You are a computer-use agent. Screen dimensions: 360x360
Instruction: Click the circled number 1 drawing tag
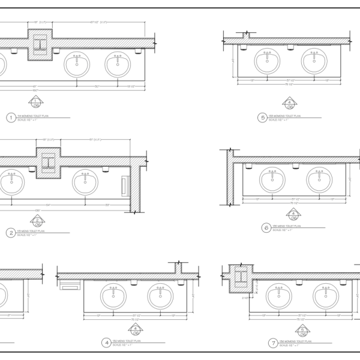(10, 118)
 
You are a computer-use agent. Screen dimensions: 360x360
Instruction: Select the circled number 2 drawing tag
(10, 232)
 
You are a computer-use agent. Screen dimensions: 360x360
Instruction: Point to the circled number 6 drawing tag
(266, 227)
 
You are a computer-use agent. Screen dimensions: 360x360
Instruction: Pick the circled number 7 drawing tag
(273, 343)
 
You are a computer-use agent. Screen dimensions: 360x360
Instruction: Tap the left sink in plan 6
(273, 179)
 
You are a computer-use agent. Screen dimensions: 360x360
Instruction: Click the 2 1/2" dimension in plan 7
(245, 298)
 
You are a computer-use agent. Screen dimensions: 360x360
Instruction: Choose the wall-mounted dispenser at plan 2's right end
(125, 185)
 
